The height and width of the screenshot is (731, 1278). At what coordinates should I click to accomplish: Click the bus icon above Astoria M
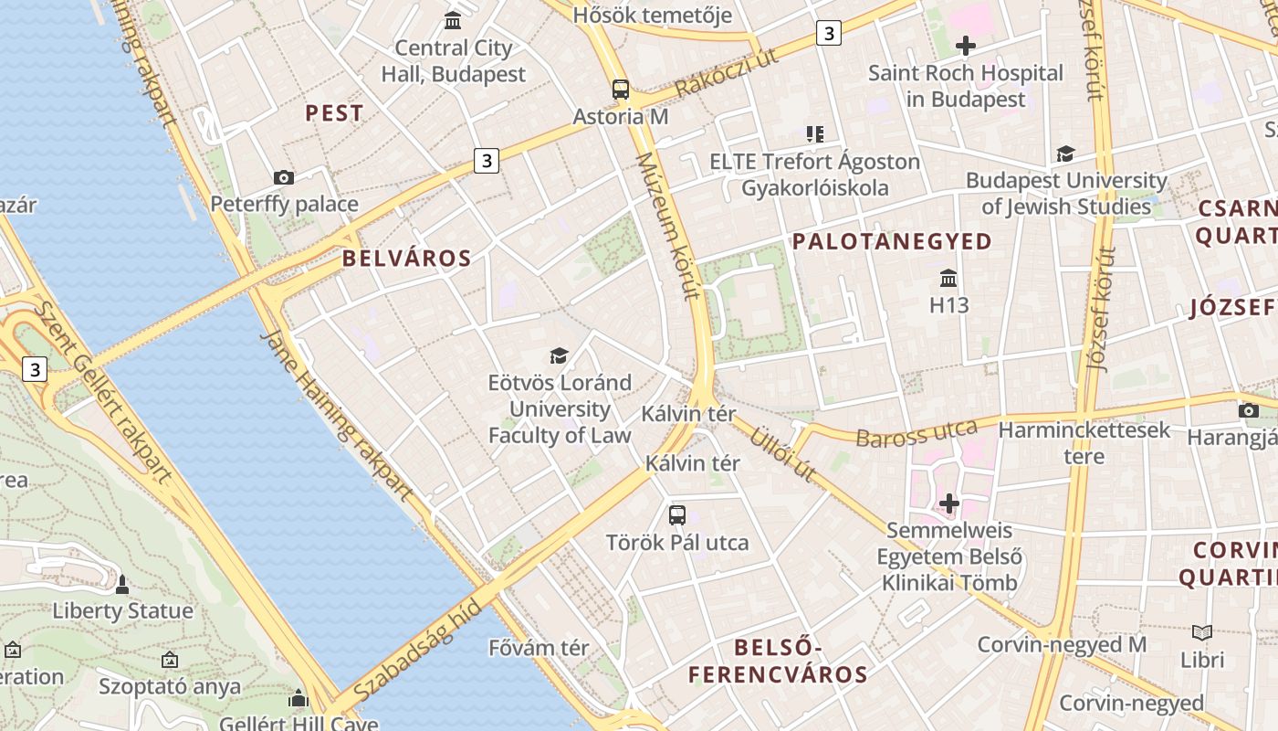621,90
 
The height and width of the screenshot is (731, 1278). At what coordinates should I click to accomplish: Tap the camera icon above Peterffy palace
284,177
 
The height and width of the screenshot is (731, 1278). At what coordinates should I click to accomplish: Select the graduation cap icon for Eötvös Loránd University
559,355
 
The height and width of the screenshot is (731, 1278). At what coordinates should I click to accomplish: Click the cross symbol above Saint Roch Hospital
965,46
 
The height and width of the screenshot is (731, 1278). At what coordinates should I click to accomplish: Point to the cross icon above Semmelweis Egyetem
949,503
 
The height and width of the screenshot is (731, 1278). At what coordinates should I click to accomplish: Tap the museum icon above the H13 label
948,278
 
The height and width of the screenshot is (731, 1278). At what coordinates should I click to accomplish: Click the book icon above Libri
1202,632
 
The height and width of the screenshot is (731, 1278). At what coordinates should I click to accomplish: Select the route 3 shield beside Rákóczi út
828,34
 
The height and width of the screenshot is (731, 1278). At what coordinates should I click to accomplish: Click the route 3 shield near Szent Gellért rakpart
35,369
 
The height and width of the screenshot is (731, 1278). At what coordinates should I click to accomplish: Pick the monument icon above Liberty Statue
122,584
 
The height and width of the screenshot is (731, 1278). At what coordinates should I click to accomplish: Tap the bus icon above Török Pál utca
676,514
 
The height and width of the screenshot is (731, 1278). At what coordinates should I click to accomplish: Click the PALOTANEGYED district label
892,241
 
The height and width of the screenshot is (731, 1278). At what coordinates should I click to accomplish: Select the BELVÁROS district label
407,259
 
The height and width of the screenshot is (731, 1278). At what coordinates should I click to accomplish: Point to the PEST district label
334,113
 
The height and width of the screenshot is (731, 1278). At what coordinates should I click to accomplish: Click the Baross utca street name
916,433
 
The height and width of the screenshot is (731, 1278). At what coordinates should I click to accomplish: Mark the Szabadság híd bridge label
416,652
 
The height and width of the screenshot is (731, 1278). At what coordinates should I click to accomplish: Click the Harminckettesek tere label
1084,442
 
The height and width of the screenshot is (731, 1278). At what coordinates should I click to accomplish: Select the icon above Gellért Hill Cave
299,700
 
